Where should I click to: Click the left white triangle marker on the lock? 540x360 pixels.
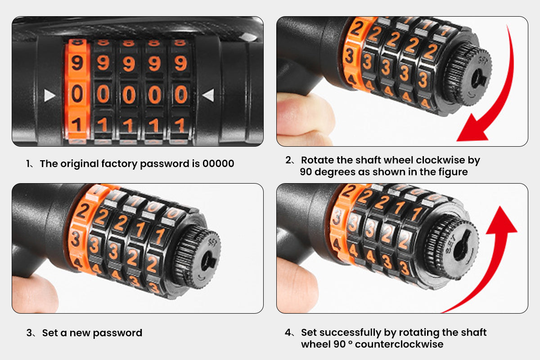click(x=49, y=95)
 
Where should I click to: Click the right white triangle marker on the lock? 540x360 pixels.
click(x=209, y=95)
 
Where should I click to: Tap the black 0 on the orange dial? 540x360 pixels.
click(x=77, y=94)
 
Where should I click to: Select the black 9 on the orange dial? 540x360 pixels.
click(x=77, y=63)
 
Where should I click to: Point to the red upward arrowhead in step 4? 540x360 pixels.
click(x=501, y=220)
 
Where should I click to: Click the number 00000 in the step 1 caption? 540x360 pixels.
click(x=218, y=163)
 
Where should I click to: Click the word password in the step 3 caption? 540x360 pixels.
click(x=117, y=333)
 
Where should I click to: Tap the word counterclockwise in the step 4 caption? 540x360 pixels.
click(x=399, y=344)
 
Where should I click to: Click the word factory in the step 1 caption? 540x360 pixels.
click(x=119, y=164)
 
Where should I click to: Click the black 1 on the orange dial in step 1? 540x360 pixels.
click(x=76, y=125)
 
